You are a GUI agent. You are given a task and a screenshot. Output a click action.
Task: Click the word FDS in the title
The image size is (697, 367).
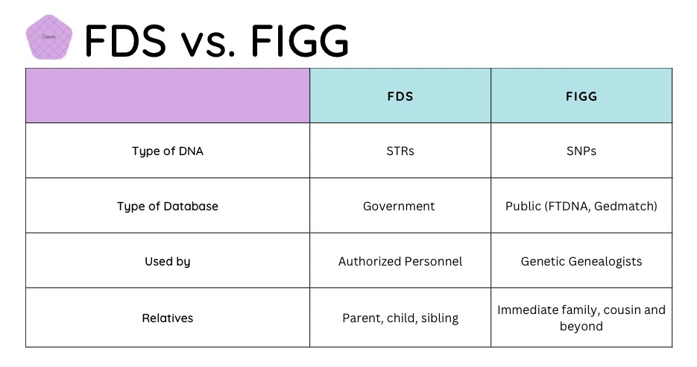(x=125, y=40)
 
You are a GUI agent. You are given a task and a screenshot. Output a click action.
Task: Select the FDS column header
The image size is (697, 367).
(x=400, y=96)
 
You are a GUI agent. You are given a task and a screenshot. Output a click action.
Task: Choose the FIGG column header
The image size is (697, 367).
(x=581, y=96)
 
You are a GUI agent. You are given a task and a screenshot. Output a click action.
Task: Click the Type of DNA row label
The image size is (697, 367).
(x=167, y=151)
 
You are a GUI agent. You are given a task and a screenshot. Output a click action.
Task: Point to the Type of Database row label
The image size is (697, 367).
(x=167, y=206)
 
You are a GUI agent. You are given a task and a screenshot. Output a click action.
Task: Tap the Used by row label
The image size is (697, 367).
(x=167, y=261)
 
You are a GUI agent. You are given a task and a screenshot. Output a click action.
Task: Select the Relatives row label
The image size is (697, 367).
(x=167, y=318)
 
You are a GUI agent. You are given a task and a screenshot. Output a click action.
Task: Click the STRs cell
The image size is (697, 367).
(x=400, y=151)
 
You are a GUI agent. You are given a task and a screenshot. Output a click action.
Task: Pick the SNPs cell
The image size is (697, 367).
(x=581, y=151)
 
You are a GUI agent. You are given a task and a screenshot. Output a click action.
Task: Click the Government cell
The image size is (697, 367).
(x=400, y=206)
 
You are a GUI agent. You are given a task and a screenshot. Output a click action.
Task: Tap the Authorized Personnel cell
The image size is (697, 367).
(x=400, y=261)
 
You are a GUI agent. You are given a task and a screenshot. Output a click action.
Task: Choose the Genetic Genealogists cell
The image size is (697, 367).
(x=581, y=261)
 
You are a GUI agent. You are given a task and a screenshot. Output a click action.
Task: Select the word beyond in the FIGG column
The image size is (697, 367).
(x=581, y=326)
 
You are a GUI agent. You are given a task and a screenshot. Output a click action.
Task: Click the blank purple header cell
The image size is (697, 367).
(x=167, y=95)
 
